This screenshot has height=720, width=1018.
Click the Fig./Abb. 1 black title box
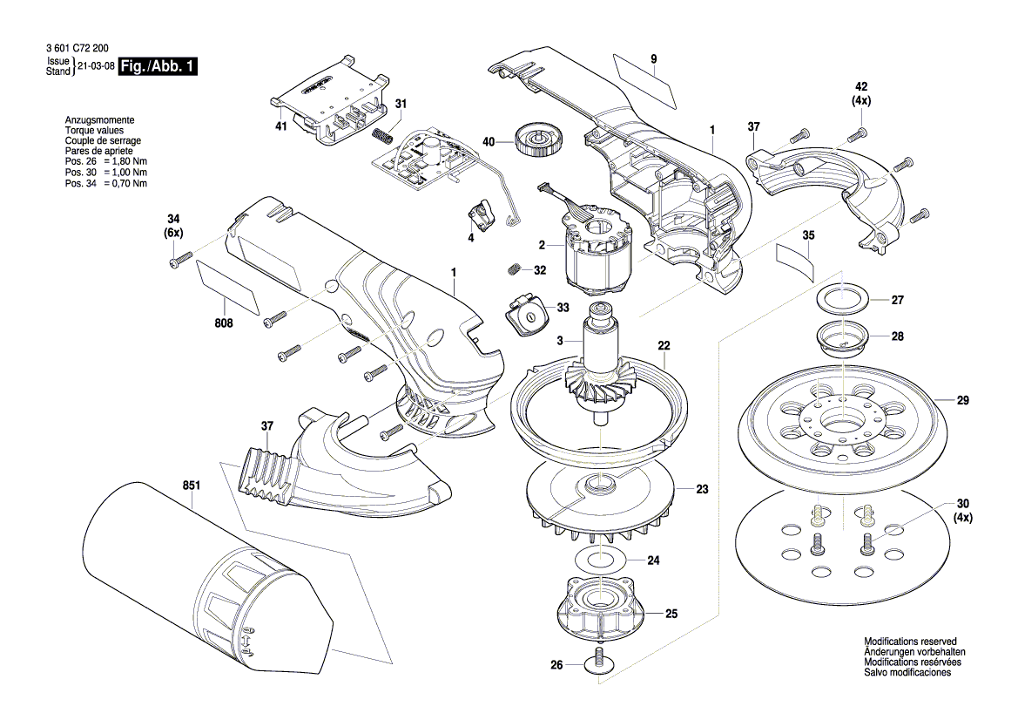tap(158, 67)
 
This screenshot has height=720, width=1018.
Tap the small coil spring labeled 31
tap(381, 138)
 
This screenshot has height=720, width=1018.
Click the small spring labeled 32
tap(515, 269)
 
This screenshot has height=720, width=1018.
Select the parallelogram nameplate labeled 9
tap(644, 77)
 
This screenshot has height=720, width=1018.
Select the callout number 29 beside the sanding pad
tap(962, 401)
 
